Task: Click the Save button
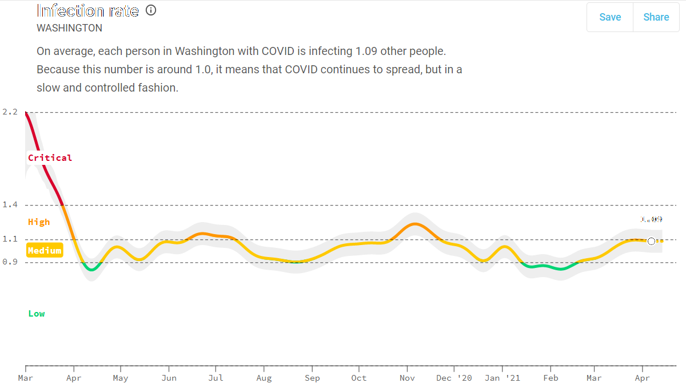610,17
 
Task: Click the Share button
656,17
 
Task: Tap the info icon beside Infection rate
151,10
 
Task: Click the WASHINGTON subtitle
69,28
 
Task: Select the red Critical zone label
50,158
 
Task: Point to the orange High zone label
39,222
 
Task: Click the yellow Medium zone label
45,251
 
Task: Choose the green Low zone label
37,314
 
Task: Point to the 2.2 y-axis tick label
10,112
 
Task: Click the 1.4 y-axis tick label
10,204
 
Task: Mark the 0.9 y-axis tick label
10,262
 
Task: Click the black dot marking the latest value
651,241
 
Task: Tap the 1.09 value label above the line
651,219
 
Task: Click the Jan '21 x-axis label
502,378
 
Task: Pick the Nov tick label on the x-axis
407,378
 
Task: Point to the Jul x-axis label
216,378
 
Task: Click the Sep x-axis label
312,378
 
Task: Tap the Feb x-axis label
551,378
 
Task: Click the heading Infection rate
87,10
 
